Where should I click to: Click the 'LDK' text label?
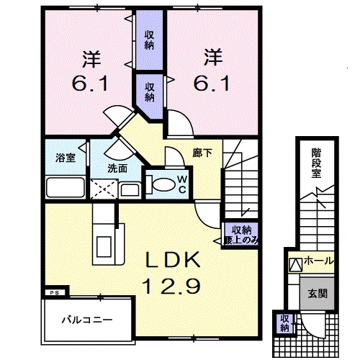[173, 261]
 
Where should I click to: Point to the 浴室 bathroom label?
[66, 158]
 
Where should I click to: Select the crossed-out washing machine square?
[104, 190]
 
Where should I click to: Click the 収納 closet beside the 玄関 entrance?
[284, 323]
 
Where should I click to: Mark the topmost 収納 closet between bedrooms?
[149, 39]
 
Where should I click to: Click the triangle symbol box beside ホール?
[295, 264]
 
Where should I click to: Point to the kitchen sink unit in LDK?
[102, 232]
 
